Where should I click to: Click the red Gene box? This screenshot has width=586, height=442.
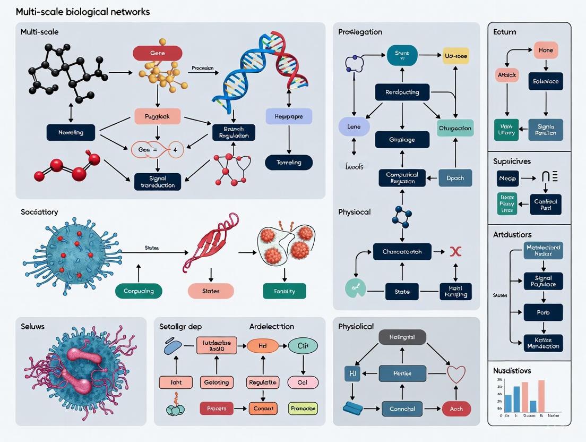point(157,53)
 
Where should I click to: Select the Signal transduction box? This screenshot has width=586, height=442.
point(158,182)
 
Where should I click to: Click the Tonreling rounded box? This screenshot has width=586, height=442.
point(289,163)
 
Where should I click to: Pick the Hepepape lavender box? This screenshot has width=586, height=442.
point(289,117)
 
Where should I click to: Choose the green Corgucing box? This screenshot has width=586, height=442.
point(139,291)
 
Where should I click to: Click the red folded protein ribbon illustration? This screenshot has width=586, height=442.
point(208,242)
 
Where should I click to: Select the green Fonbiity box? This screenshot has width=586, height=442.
point(285,291)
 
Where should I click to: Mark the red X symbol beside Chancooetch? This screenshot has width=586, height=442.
point(454,251)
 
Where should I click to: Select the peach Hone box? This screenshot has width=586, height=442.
point(546,50)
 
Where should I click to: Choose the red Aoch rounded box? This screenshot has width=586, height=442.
point(456,409)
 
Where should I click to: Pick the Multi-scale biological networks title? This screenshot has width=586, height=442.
point(83,12)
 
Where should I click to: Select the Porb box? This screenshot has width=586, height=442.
point(542,312)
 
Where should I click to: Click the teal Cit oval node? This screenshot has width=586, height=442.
point(303,346)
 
